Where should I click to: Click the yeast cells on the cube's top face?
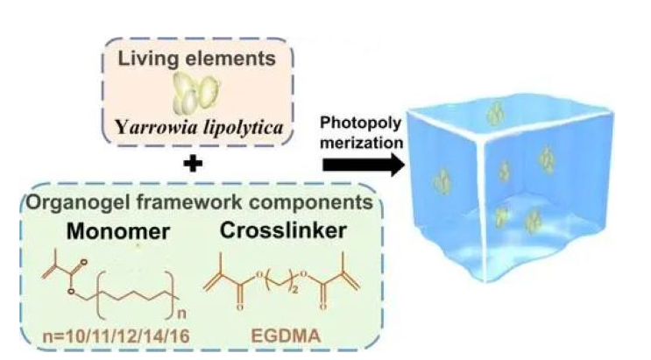coord(497,112)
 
